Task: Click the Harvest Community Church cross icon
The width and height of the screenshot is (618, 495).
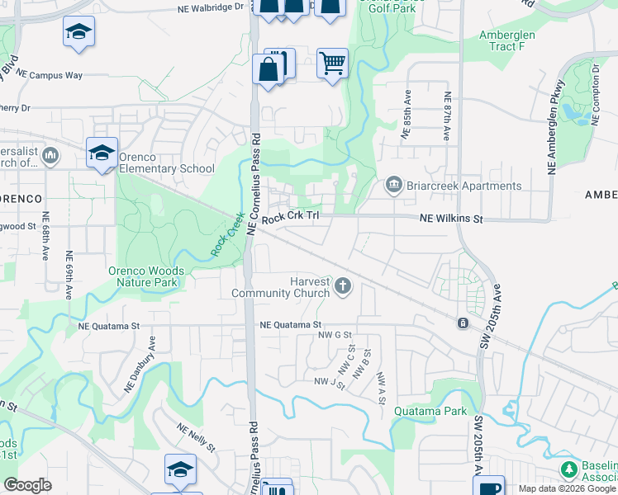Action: [343, 287]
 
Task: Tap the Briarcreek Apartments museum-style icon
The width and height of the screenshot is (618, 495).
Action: [394, 185]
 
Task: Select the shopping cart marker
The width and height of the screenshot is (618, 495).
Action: [332, 63]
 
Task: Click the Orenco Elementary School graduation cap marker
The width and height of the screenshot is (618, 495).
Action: [102, 153]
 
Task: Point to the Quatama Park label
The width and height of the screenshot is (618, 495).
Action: [430, 411]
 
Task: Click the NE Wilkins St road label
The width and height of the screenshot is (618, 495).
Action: [450, 219]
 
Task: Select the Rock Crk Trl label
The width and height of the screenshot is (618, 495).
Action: [290, 220]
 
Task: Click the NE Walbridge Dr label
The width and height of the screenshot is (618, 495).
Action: [211, 7]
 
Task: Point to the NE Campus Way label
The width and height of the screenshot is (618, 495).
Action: [50, 75]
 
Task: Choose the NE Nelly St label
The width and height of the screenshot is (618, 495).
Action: [195, 437]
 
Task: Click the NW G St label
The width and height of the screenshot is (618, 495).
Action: [335, 335]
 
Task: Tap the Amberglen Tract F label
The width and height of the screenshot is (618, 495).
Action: [507, 40]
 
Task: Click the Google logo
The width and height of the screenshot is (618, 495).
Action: [27, 485]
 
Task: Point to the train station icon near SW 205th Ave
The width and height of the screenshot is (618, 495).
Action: [463, 323]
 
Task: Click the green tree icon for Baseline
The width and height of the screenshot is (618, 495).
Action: [568, 469]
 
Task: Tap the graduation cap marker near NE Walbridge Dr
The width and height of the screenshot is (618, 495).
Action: [78, 31]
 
